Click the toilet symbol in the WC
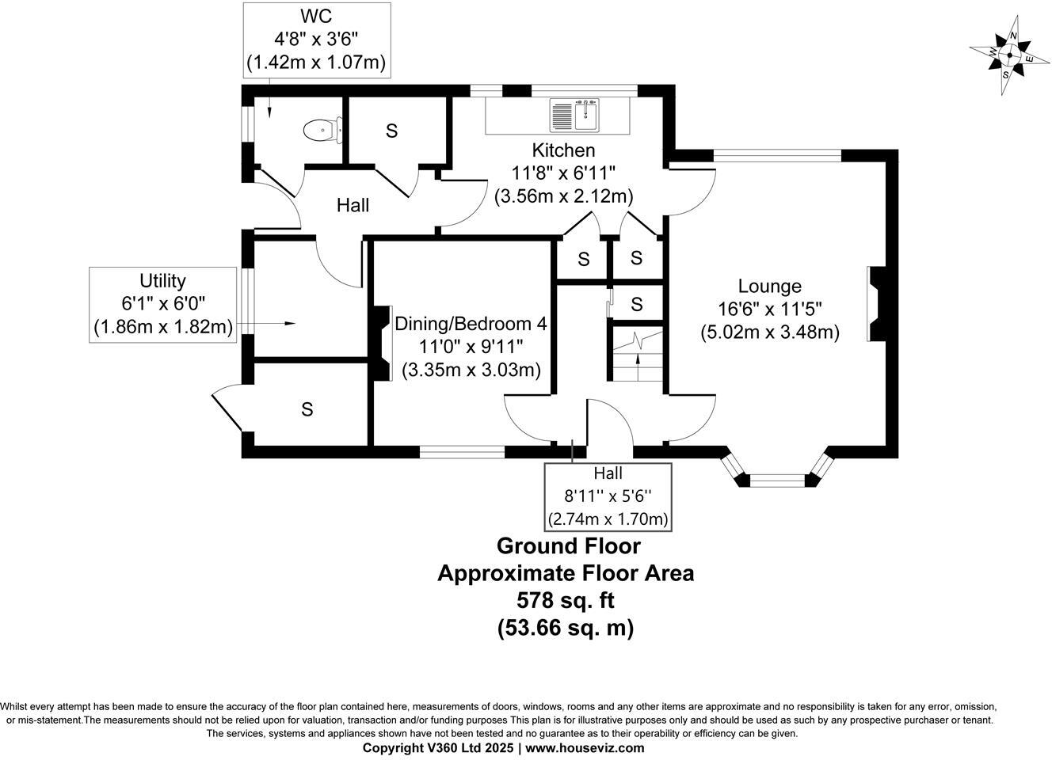click(322, 129)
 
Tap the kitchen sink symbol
click(576, 116)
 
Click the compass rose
click(1010, 54)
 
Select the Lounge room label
click(769, 287)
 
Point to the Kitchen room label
click(563, 150)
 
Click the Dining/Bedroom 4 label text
click(471, 324)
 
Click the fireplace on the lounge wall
click(876, 304)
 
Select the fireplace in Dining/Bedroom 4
click(382, 344)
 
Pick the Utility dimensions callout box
click(162, 304)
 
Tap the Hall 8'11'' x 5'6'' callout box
click(608, 496)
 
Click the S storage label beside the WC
click(391, 131)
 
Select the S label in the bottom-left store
click(307, 409)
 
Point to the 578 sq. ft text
click(566, 600)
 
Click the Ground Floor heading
click(568, 545)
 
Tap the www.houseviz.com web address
click(585, 748)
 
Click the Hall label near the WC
click(353, 206)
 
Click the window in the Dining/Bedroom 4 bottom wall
click(462, 452)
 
